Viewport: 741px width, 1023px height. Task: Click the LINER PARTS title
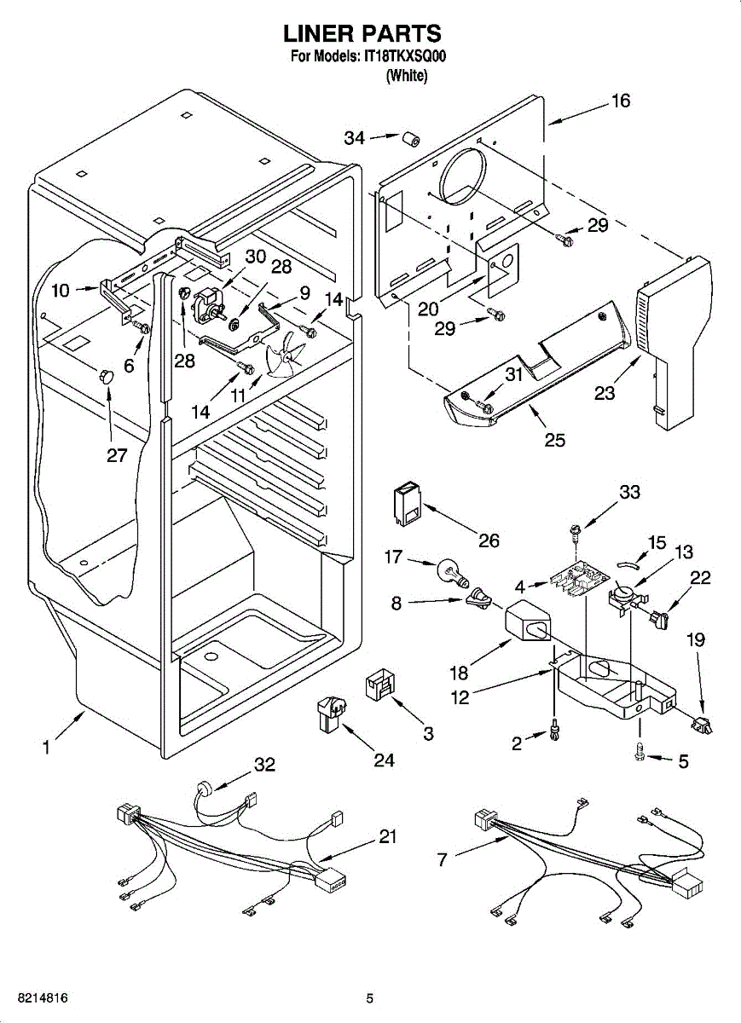pyautogui.click(x=362, y=33)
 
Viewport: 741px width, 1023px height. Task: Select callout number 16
pyautogui.click(x=620, y=101)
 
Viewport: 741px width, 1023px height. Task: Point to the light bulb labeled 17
pyautogui.click(x=453, y=570)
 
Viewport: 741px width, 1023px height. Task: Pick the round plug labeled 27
pyautogui.click(x=106, y=376)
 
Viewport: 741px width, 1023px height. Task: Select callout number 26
pyautogui.click(x=489, y=540)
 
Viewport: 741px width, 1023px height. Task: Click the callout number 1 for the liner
pyautogui.click(x=46, y=748)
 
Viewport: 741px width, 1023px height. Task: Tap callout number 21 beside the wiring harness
pyautogui.click(x=387, y=837)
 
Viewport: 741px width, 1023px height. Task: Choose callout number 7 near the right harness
pyautogui.click(x=442, y=860)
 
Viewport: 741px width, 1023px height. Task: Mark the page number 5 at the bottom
pyautogui.click(x=370, y=998)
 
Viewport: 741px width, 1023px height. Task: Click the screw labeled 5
pyautogui.click(x=640, y=751)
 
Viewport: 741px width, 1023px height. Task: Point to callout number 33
pyautogui.click(x=629, y=493)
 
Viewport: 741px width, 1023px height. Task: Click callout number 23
pyautogui.click(x=603, y=394)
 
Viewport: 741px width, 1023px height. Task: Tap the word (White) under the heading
pyautogui.click(x=406, y=75)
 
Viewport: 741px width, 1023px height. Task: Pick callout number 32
pyautogui.click(x=264, y=765)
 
